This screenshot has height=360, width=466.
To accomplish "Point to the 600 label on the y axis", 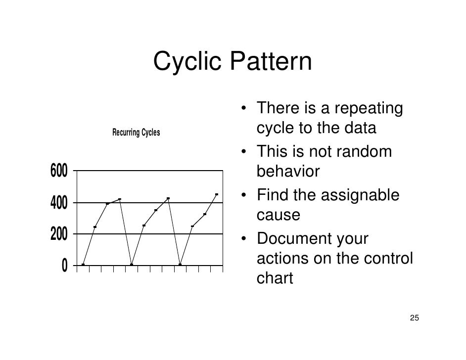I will (59, 171).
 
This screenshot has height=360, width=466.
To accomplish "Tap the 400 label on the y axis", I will (59, 203).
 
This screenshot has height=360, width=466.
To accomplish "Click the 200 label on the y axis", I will (59, 234).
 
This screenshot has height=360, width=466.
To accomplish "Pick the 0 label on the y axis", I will (65, 266).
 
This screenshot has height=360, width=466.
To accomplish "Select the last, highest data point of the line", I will (217, 194).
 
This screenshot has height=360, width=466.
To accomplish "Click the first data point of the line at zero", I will (83, 265).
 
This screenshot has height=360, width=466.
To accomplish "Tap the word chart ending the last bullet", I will (275, 278).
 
